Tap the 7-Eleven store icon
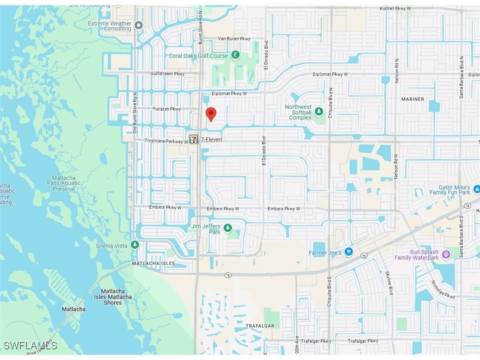(194, 139)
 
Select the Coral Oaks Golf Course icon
(235, 56)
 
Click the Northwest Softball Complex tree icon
(319, 112)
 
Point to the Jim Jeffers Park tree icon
(228, 228)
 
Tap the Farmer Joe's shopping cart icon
(349, 252)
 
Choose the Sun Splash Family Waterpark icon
(446, 254)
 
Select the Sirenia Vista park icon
(135, 245)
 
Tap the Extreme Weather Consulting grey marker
(138, 25)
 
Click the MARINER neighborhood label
(412, 99)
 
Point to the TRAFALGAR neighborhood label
(259, 326)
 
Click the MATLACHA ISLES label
(154, 263)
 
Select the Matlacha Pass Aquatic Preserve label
(64, 183)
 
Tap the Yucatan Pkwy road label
(166, 109)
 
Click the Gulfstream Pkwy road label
(167, 74)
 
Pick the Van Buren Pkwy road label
(234, 39)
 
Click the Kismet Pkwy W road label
(395, 8)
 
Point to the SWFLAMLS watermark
(31, 346)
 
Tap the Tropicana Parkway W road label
(166, 141)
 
